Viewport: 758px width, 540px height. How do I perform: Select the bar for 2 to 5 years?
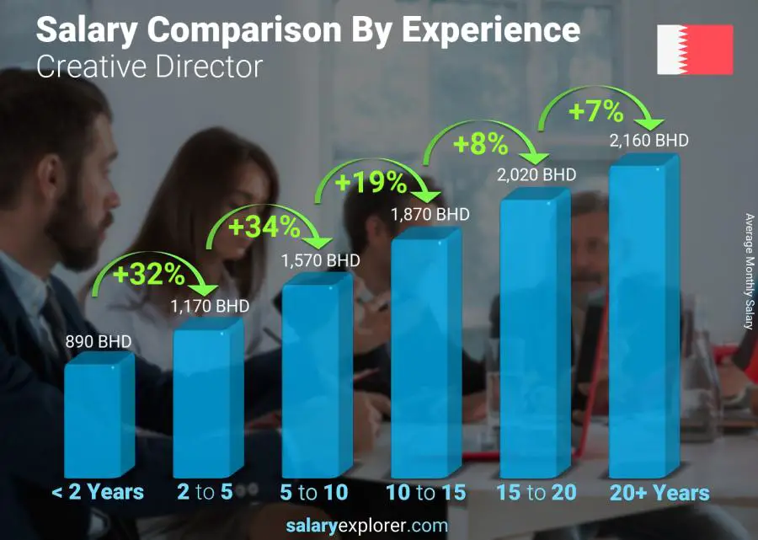[x=207, y=400]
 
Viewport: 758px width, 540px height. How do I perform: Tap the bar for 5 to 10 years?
[x=317, y=379]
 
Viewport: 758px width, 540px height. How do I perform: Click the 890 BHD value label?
[x=99, y=342]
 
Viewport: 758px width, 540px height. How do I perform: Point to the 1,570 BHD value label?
[x=321, y=260]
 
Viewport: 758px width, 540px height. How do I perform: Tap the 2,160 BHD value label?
[x=649, y=140]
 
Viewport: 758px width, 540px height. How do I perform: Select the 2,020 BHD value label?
[x=536, y=175]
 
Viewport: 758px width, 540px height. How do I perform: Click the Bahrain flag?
[x=695, y=50]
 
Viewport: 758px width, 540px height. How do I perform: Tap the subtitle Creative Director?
[x=149, y=67]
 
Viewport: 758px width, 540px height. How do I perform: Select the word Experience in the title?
[x=490, y=30]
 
